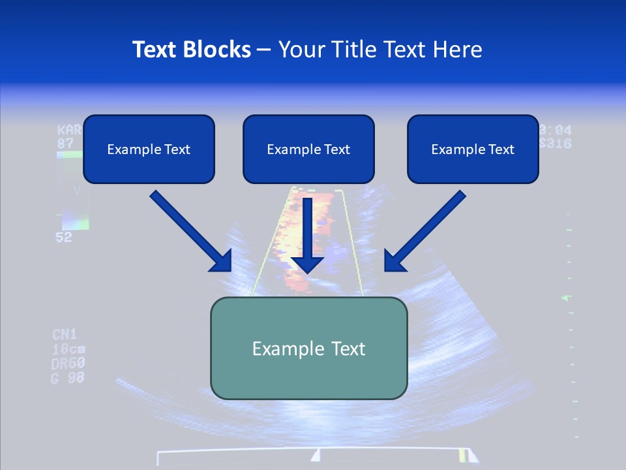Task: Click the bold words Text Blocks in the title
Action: tap(191, 50)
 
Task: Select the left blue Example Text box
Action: tap(149, 149)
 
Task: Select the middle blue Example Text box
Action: tap(308, 149)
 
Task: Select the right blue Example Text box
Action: tap(473, 149)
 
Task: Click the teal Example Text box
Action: tap(308, 348)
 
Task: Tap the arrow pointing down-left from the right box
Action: tap(425, 231)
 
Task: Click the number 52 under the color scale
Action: tap(64, 238)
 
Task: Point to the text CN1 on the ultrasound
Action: tap(65, 335)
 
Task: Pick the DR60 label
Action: tap(68, 363)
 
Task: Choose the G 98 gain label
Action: tap(68, 377)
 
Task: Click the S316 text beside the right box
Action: tap(556, 144)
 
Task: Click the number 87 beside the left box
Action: tap(65, 143)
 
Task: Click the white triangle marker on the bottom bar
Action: tap(316, 455)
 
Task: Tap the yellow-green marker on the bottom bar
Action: tap(462, 455)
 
